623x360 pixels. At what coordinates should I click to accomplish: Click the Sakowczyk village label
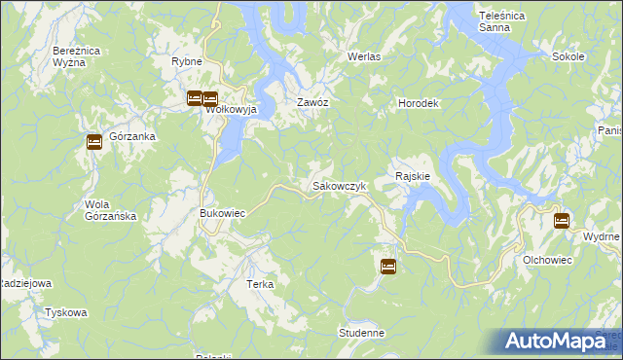(x=338, y=185)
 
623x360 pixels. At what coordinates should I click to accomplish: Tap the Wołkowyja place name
(x=230, y=110)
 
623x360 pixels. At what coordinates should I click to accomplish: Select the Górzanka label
(x=133, y=137)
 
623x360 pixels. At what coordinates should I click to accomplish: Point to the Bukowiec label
(x=221, y=212)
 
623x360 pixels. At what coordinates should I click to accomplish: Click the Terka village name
(x=260, y=284)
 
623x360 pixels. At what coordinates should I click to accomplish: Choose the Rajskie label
(x=413, y=176)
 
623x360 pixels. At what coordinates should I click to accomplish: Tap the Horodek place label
(x=421, y=102)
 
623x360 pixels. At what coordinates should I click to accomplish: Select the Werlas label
(x=364, y=56)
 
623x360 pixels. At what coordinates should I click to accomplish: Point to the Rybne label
(x=186, y=61)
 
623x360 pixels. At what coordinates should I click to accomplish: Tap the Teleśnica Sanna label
(x=503, y=21)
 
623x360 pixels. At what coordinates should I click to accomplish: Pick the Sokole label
(x=568, y=56)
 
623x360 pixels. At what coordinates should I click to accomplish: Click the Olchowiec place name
(x=547, y=260)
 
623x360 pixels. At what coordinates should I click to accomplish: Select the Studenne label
(x=362, y=333)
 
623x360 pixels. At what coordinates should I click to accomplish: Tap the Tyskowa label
(x=66, y=312)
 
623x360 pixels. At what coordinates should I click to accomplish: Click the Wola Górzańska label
(x=110, y=210)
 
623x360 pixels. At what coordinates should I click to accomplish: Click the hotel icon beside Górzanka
(x=93, y=142)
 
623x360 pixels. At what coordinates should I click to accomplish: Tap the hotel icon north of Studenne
(x=387, y=266)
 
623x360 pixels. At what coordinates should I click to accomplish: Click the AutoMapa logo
(x=556, y=341)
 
